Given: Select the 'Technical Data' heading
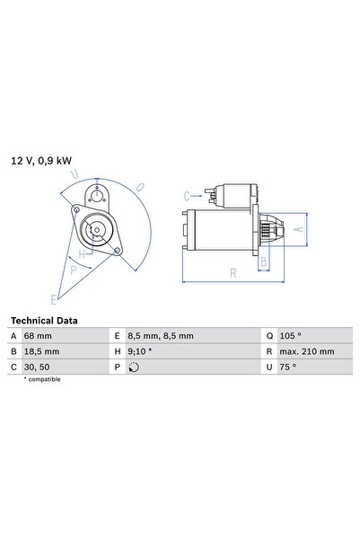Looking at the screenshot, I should (x=43, y=320).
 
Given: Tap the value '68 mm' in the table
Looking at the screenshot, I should (x=41, y=336).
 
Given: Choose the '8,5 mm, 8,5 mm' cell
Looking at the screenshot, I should (x=161, y=336).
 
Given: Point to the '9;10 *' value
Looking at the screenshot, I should (x=141, y=351).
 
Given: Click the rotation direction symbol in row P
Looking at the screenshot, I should (x=135, y=367).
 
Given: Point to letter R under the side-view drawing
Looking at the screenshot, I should (x=233, y=272).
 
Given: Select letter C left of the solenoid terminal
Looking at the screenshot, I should (x=187, y=194).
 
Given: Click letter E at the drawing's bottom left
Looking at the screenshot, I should (x=53, y=297).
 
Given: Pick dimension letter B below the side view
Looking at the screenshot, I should (x=264, y=263).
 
